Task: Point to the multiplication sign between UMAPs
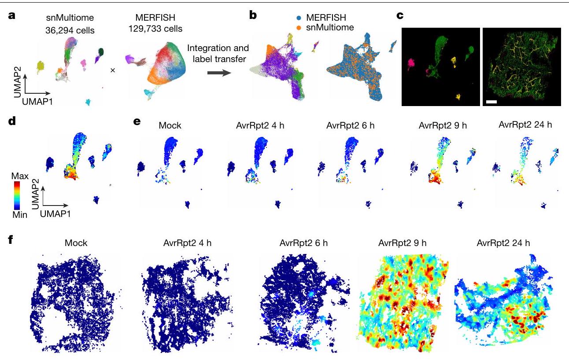pyautogui.click(x=112, y=70)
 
